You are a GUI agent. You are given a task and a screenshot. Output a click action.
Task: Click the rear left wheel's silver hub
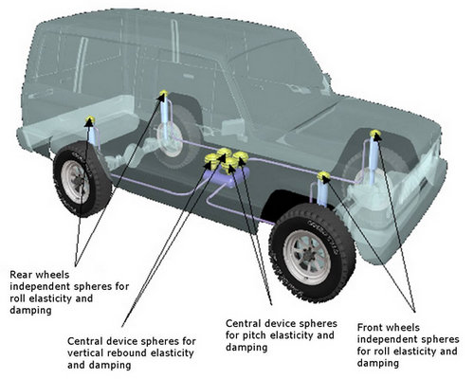76,182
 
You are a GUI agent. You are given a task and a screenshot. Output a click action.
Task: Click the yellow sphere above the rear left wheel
90,120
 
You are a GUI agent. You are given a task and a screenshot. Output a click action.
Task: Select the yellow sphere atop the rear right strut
163,94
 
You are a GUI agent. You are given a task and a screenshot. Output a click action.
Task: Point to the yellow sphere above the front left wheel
323,176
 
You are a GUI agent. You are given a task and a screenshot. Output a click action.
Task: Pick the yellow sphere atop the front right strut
375,134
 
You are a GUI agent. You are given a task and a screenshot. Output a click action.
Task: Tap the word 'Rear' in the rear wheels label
20,275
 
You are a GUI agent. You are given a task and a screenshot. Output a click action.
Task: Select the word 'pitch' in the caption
254,335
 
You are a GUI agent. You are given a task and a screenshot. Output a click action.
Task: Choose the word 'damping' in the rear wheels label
30,311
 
